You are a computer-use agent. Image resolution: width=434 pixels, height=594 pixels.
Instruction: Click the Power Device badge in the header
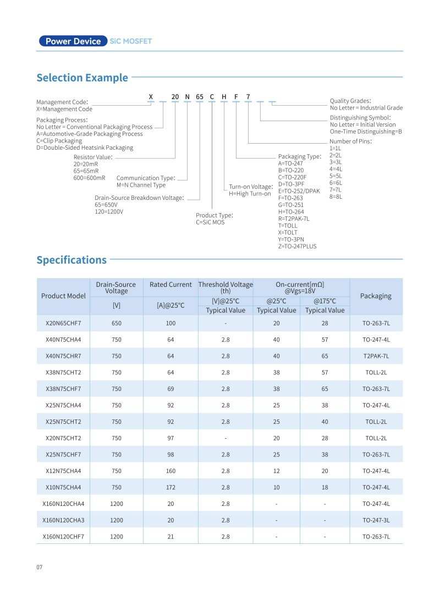click(73, 41)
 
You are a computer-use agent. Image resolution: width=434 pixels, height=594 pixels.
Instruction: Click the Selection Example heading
click(82, 78)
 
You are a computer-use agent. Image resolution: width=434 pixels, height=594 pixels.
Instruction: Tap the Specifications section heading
click(72, 260)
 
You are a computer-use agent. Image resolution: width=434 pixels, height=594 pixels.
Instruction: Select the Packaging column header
click(376, 296)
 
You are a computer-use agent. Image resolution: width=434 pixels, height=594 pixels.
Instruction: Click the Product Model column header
click(63, 296)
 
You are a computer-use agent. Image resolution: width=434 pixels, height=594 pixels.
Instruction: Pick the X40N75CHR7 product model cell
click(63, 356)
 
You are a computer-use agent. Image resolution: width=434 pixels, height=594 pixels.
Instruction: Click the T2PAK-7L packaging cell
click(376, 356)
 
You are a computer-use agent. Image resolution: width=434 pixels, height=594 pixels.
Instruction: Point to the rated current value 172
click(171, 487)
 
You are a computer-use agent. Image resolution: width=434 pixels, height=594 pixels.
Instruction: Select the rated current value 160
click(171, 471)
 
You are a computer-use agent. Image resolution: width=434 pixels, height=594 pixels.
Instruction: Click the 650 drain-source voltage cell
click(117, 323)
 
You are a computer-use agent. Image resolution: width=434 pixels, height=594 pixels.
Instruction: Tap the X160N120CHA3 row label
click(63, 520)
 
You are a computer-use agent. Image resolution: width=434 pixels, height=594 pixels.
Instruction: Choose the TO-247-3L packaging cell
click(376, 520)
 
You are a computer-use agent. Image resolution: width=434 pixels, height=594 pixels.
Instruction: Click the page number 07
click(40, 567)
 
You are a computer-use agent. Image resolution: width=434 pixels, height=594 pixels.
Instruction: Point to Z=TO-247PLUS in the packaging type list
click(297, 246)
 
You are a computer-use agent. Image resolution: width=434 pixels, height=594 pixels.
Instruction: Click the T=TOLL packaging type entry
click(288, 225)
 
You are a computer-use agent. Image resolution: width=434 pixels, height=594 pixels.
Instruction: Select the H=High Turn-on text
click(250, 194)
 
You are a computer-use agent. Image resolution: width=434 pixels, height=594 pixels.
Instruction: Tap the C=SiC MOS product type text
click(210, 222)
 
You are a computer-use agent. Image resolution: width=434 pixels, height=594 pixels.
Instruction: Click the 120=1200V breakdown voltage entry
click(109, 211)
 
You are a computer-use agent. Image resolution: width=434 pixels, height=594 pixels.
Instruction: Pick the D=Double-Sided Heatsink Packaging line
click(85, 148)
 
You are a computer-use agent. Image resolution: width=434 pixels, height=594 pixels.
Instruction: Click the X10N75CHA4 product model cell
click(63, 487)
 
